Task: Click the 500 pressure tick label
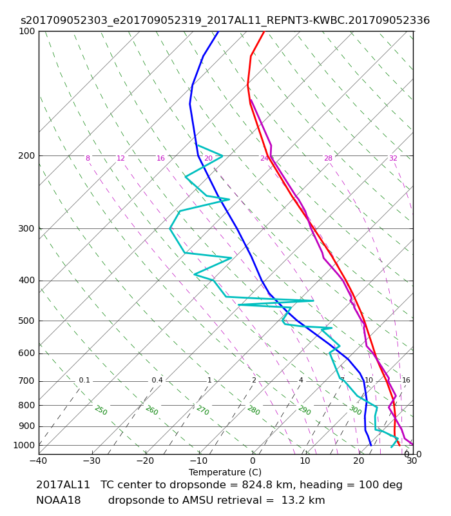click(26, 321)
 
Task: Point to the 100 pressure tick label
click(26, 31)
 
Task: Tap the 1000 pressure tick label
click(24, 445)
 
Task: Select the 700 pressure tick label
click(26, 381)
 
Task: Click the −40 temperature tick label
click(38, 461)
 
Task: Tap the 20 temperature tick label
click(359, 461)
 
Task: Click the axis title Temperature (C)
click(225, 472)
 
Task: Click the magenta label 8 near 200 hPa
click(88, 158)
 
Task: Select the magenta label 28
click(328, 158)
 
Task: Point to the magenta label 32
click(393, 158)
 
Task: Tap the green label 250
click(101, 410)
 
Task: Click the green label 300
click(356, 410)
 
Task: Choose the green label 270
click(203, 410)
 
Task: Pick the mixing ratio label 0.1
click(84, 381)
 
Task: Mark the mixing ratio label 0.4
click(157, 381)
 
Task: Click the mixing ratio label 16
click(406, 381)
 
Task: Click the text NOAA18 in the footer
click(59, 501)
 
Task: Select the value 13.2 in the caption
click(293, 501)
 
